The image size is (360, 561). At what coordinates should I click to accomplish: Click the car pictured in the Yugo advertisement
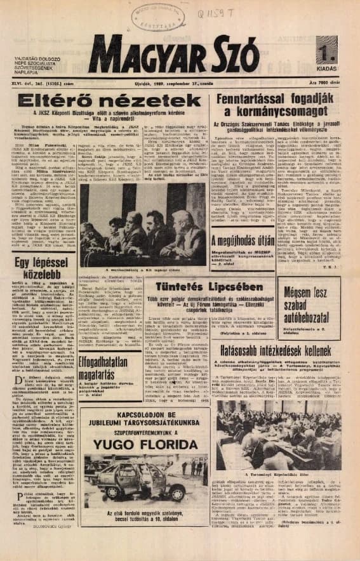point(130,481)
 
